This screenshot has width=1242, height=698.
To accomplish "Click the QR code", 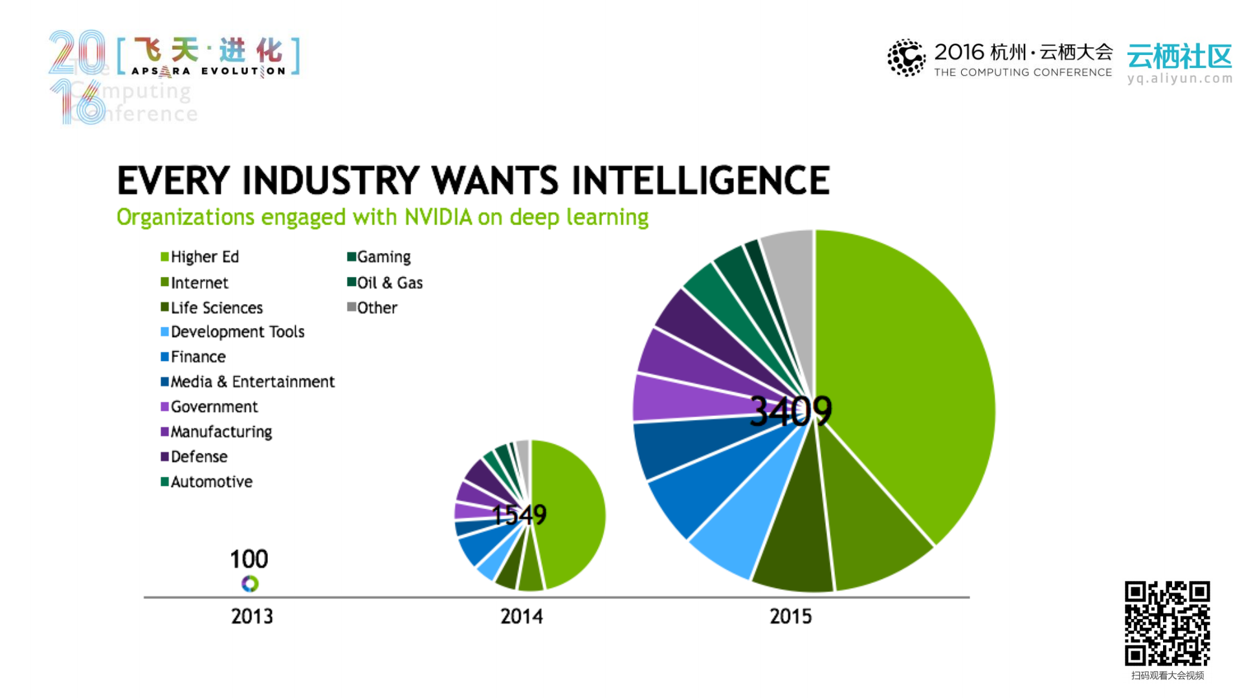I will pos(1167,623).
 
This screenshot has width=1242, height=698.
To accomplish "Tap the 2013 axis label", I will pos(252,616).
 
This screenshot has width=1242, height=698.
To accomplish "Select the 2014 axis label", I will pos(522,616).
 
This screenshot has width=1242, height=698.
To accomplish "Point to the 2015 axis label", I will pos(790,616).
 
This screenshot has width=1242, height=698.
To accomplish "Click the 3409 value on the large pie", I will pos(790,411).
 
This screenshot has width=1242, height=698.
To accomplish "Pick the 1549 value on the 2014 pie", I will pos(519,515).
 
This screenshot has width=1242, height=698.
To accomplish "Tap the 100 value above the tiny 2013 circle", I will pos(249,559).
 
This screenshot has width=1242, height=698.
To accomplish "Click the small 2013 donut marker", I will pos(250,583).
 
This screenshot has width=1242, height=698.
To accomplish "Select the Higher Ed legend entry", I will pos(200,257).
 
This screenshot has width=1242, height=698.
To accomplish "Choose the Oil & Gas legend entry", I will pos(385,283).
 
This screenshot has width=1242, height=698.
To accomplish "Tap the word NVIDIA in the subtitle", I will pos(438,217).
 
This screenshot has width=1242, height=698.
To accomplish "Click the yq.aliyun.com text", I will pos(1179,79).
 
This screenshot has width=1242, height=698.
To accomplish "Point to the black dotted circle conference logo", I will pos(906,58).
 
